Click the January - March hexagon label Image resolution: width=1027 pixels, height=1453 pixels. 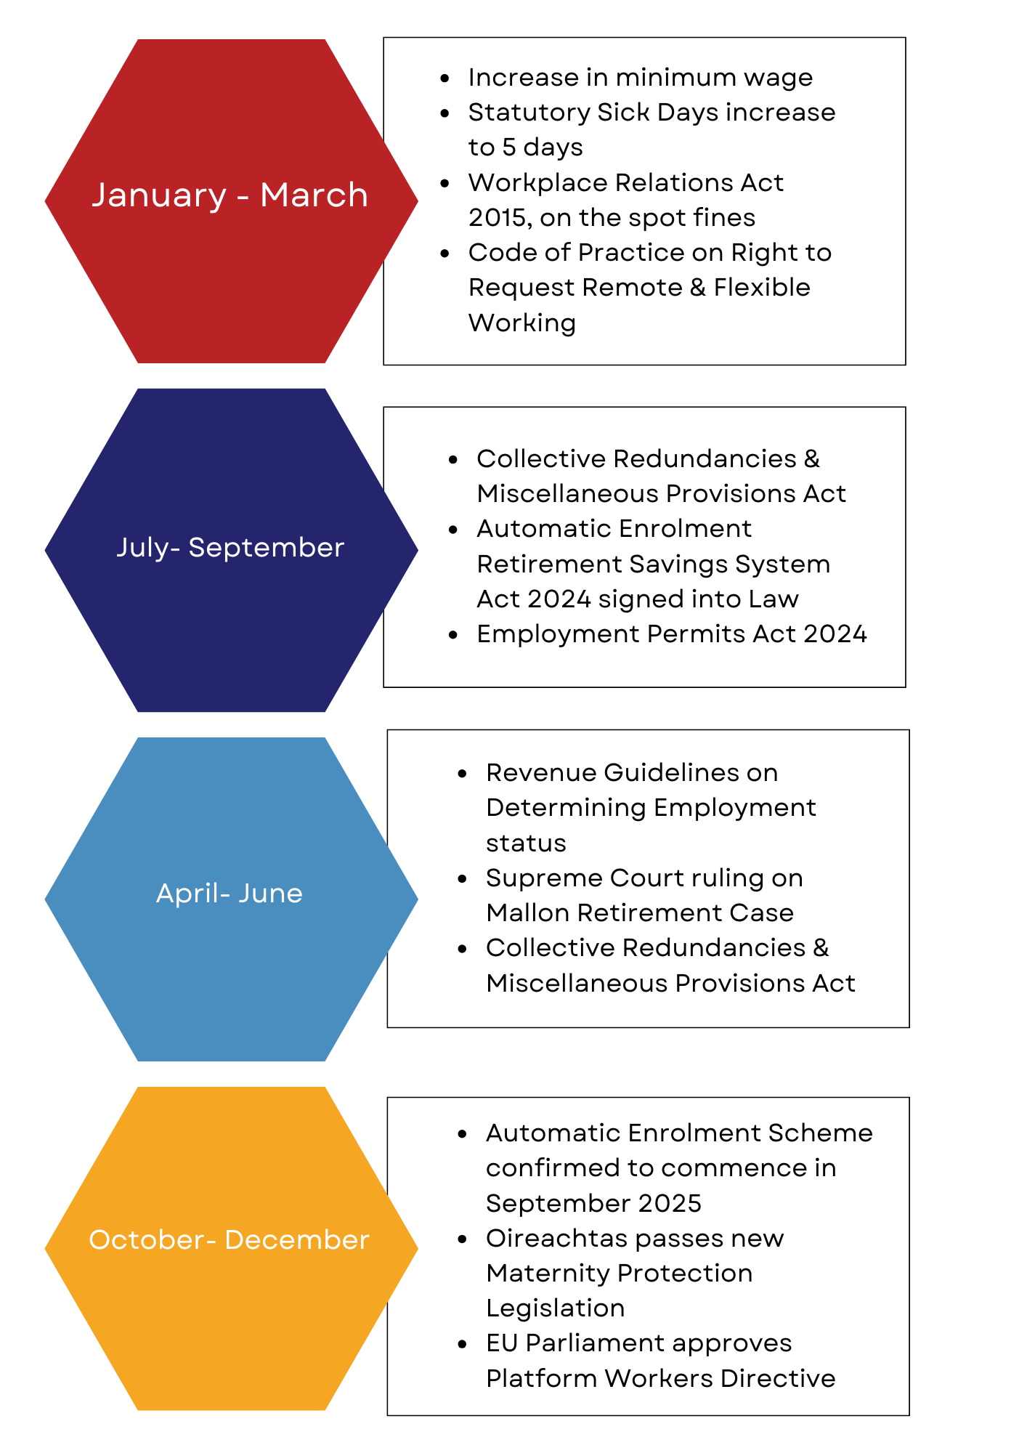click(x=230, y=195)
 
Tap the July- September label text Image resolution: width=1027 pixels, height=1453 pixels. click(x=230, y=548)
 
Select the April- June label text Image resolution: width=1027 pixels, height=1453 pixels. click(x=230, y=893)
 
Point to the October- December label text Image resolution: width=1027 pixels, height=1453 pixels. click(x=230, y=1239)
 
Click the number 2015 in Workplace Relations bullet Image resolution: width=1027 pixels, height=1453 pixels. click(x=497, y=217)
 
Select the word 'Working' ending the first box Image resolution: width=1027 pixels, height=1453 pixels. click(x=522, y=323)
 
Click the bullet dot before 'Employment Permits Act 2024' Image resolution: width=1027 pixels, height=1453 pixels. click(x=453, y=634)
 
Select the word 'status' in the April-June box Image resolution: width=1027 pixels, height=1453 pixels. click(x=526, y=843)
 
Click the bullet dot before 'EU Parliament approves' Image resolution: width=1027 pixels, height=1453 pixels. click(x=463, y=1344)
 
